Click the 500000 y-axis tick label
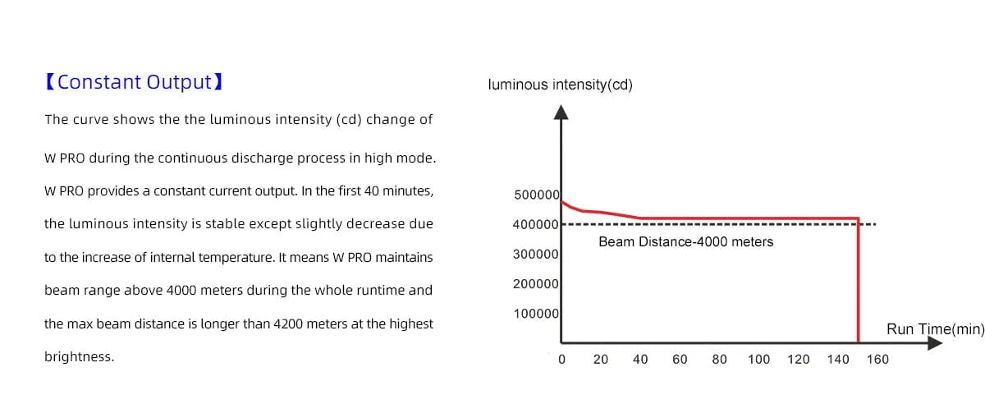[536, 195]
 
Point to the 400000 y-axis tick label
[536, 224]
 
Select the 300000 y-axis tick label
[536, 255]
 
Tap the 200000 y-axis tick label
[536, 284]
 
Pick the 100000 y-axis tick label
[536, 314]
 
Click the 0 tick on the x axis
[561, 359]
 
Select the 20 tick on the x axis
[601, 359]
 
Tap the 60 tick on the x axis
[680, 359]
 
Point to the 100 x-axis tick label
[758, 359]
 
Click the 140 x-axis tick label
[838, 359]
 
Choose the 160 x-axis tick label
[877, 359]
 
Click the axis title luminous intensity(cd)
[560, 85]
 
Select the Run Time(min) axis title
[935, 329]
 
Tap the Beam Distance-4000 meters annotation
[685, 241]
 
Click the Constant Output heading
[135, 82]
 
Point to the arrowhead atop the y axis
[561, 112]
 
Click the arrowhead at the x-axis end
[934, 342]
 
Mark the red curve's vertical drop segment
[859, 279]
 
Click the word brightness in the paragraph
[79, 357]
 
